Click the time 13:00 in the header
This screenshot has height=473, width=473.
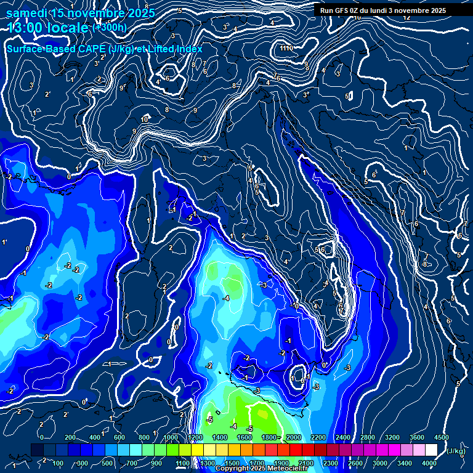coord(26,28)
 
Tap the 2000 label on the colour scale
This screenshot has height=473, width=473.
coord(293,437)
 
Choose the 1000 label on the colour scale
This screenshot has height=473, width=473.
coord(170,437)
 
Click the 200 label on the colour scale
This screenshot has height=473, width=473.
coord(70,437)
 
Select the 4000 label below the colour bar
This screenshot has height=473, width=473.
coord(429,463)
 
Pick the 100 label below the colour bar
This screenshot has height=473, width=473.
coord(59,463)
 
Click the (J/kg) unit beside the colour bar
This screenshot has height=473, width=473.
coord(455,451)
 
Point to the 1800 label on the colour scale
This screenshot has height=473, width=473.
coord(269,437)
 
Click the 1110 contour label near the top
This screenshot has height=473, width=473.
coord(286,48)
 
